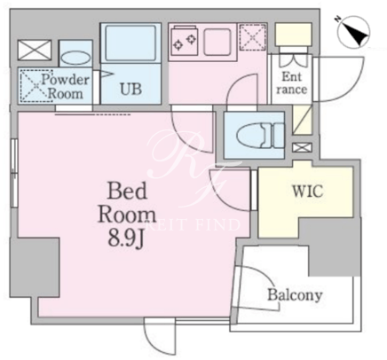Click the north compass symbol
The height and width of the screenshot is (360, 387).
pos(354,32)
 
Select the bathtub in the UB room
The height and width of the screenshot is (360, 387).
pos(130,43)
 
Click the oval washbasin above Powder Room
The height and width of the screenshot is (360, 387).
pos(75,58)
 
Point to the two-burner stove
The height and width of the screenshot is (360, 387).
pos(184,41)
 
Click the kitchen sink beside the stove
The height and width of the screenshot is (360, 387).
pos(217,42)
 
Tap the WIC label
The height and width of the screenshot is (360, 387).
pos(308,192)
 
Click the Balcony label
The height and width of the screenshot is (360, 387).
pos(295,295)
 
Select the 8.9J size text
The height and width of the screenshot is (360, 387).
pos(126,239)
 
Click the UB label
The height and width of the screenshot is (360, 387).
pos(130,89)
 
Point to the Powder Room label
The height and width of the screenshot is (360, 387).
pos(65,87)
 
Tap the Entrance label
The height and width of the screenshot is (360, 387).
pos(291,83)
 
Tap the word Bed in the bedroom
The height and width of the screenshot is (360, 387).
pos(127,192)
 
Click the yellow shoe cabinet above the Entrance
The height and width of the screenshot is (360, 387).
pos(293,35)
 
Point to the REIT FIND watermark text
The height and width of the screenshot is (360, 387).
pos(193,225)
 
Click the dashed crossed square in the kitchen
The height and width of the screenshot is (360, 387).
pos(252,37)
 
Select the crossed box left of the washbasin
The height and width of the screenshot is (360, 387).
pos(35,50)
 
